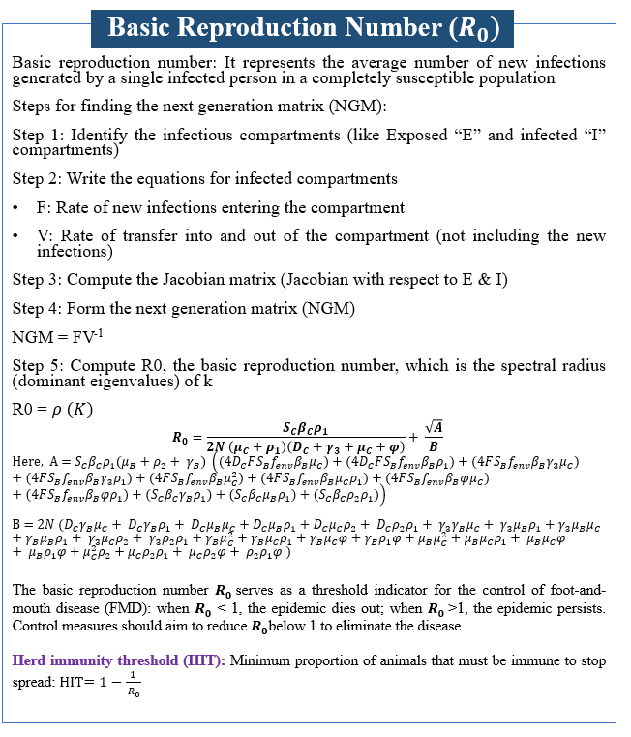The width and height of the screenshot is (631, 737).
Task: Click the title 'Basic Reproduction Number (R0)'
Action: [304, 28]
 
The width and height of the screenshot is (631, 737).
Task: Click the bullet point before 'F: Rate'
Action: [16, 207]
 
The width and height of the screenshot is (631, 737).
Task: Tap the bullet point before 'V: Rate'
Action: [16, 236]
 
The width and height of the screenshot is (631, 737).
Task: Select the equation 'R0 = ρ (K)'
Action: [52, 409]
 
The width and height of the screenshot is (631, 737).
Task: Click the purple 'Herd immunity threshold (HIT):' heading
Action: [120, 660]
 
